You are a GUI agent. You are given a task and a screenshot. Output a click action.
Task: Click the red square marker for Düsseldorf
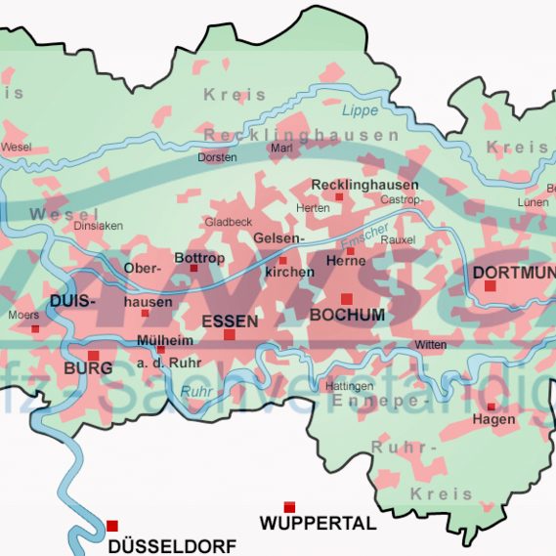tap(112, 526)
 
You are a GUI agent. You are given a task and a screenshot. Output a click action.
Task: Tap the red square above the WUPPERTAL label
tap(289, 506)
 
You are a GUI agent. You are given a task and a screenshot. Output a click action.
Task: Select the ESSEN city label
tap(230, 321)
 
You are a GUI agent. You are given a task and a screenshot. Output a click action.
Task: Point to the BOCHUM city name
tap(347, 315)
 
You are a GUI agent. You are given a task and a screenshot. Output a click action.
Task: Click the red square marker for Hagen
tap(492, 406)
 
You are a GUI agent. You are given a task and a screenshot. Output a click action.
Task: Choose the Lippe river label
tap(360, 111)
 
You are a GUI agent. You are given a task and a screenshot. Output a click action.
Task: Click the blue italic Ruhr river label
tap(197, 393)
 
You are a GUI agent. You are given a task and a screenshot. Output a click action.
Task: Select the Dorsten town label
tap(217, 156)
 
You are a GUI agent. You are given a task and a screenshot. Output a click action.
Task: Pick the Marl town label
tap(281, 148)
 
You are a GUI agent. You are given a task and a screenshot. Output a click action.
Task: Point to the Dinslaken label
tap(99, 225)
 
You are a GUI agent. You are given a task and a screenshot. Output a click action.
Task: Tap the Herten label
tap(313, 208)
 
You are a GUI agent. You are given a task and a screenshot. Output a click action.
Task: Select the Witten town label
tap(430, 345)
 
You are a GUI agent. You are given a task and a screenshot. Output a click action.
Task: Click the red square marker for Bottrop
tap(193, 268)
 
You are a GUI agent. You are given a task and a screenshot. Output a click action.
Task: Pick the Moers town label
tap(23, 316)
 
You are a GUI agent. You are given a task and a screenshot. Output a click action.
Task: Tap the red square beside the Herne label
tap(350, 251)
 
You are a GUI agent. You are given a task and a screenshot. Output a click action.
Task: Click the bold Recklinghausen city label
tap(364, 185)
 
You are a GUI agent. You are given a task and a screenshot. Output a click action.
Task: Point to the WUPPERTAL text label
tap(318, 524)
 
